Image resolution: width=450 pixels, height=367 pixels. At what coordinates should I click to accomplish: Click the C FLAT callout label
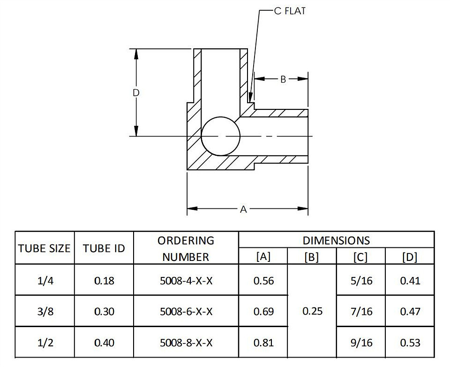coord(290,11)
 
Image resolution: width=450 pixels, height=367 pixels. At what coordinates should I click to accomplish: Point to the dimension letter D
coord(136,93)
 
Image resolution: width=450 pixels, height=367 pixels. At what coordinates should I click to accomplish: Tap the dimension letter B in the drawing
coord(283,79)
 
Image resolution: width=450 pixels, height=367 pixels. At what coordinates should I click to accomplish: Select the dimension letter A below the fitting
coord(243,209)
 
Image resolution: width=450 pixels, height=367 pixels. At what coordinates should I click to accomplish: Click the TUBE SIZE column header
coord(45,248)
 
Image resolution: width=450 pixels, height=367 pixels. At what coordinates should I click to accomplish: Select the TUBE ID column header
coord(104,248)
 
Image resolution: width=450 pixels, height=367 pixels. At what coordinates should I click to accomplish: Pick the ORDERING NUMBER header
coord(186,248)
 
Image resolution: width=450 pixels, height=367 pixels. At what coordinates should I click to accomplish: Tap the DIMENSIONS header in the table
coord(336,240)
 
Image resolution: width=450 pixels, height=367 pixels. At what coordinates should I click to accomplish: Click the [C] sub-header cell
coord(360,257)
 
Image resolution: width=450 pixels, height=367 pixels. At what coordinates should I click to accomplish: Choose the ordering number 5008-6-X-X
coord(186,312)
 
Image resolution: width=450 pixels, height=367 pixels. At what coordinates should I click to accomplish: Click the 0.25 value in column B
coord(312,311)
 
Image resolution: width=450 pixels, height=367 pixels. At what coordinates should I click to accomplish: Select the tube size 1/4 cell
coord(45,281)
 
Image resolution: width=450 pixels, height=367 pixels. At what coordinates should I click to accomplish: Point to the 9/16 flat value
coord(361,343)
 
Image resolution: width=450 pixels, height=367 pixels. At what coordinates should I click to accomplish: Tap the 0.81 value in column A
coord(263,343)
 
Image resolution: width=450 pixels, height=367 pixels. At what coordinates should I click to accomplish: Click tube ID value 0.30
coord(104,312)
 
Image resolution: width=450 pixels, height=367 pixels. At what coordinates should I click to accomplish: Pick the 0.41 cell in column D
coord(410,281)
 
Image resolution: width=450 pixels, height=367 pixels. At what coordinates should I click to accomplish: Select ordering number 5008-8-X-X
coord(186,343)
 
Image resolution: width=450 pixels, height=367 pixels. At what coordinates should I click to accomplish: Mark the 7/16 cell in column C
coord(361,312)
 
